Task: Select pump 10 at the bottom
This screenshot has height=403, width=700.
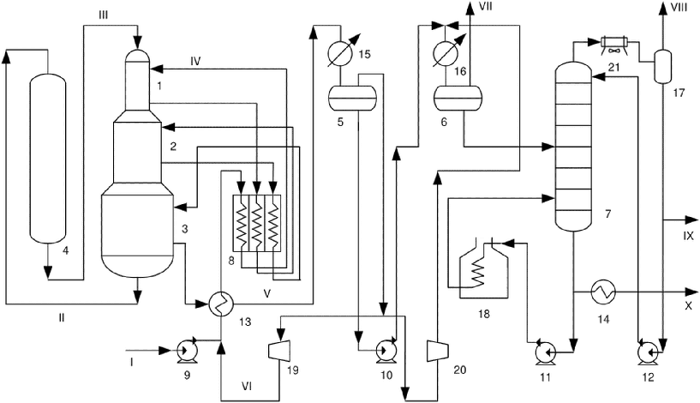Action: (385, 351)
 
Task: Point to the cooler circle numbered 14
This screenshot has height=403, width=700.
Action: (603, 292)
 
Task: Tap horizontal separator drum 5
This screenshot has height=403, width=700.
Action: (353, 98)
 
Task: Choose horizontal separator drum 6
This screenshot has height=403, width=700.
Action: (458, 98)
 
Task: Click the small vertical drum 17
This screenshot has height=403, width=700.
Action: (663, 66)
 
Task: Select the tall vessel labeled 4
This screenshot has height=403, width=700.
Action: (47, 158)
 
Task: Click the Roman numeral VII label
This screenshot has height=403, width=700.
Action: (484, 7)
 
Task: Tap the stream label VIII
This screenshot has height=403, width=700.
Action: (679, 7)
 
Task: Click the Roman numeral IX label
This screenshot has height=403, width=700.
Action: (688, 236)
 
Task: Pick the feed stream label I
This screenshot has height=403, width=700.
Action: (132, 363)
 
